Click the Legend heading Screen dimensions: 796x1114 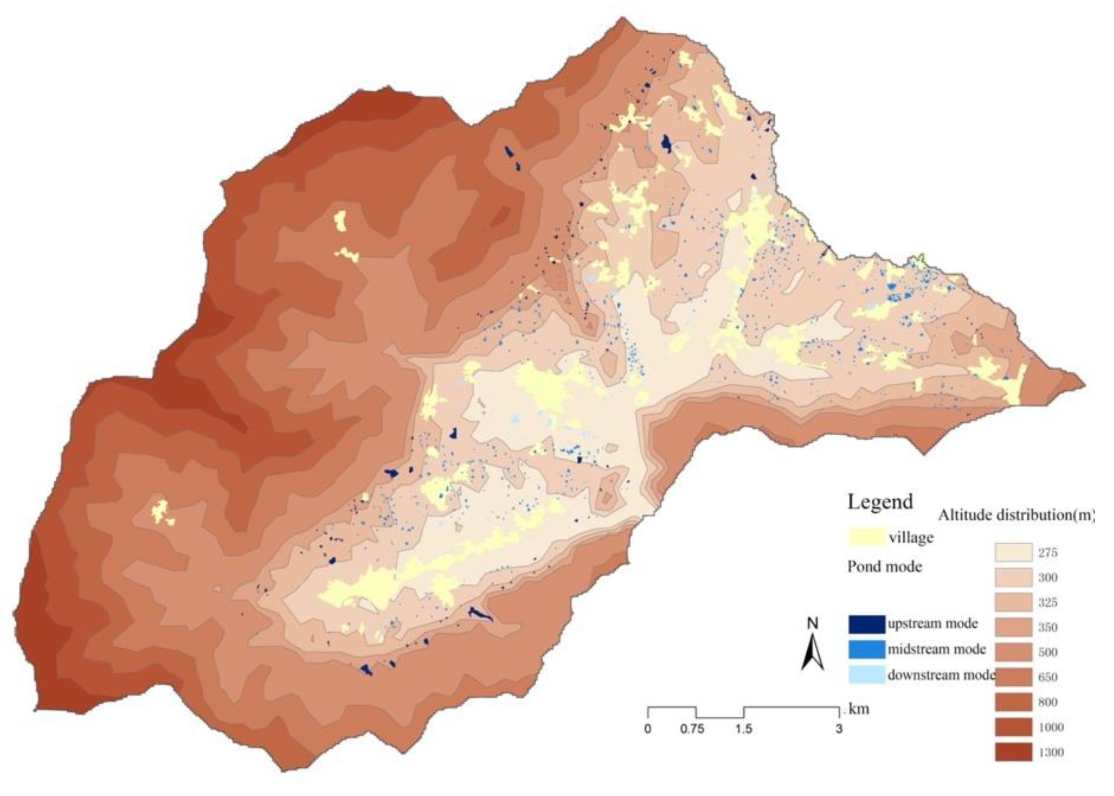coord(880,502)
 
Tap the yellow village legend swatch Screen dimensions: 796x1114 coord(866,537)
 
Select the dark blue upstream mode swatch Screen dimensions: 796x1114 coord(867,624)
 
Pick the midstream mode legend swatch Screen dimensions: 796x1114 coord(867,650)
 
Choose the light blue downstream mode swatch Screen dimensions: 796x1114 coord(867,675)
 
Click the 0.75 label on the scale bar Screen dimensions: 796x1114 coord(692,729)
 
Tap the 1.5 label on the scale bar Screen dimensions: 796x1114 coord(743,729)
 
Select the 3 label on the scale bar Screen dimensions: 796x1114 coord(839,729)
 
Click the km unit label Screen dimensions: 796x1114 coord(859,709)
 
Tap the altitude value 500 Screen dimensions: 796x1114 coord(1047,652)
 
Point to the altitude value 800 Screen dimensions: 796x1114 coord(1047,702)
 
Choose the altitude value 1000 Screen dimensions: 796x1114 coord(1050,727)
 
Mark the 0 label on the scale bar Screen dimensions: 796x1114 coord(648,729)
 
